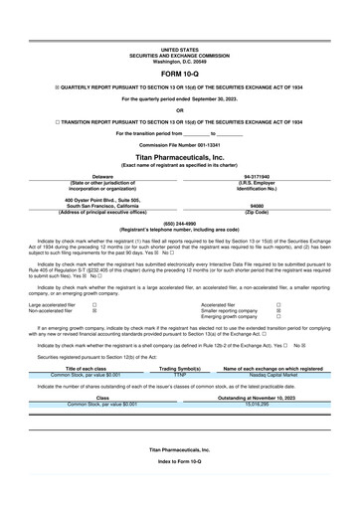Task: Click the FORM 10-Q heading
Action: click(x=179, y=75)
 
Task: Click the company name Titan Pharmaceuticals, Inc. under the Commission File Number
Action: click(x=179, y=157)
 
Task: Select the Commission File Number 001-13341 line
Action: click(x=179, y=144)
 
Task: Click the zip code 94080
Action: click(x=263, y=206)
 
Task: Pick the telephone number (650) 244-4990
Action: click(x=179, y=224)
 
